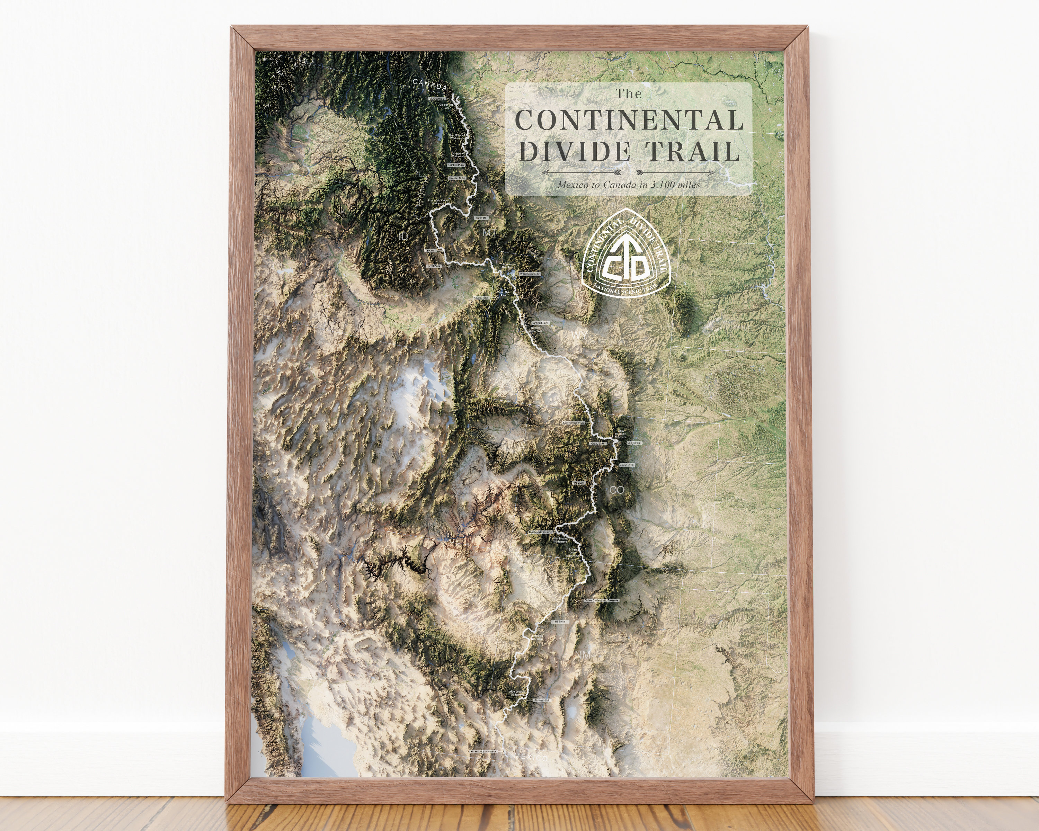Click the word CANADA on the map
click(429, 85)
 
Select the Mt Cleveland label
click(437, 99)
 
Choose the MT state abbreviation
click(489, 233)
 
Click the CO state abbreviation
click(617, 490)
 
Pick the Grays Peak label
click(627, 465)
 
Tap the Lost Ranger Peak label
click(574, 423)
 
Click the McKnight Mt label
click(542, 700)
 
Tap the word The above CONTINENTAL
click(628, 94)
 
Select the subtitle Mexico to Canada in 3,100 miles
click(629, 185)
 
